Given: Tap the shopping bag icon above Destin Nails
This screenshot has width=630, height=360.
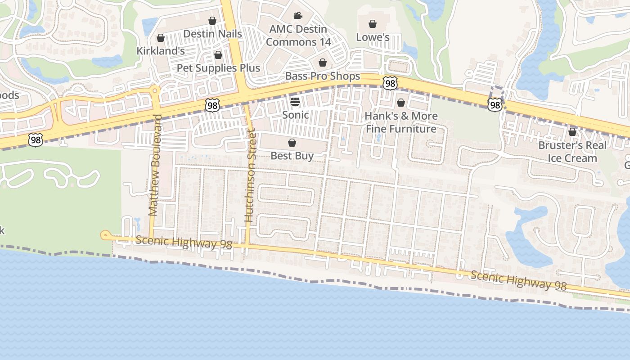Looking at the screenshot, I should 212,21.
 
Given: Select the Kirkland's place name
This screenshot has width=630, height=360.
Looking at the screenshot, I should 161,51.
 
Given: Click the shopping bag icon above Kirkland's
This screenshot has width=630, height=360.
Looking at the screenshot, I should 160,38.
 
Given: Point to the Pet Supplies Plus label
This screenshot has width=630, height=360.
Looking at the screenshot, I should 218,68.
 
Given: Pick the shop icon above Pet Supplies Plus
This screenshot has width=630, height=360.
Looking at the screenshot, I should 218,55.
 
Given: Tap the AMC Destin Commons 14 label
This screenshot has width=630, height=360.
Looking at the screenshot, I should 298,36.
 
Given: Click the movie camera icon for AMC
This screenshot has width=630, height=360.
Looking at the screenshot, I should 298,16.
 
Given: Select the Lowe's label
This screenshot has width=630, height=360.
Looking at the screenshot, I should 373,37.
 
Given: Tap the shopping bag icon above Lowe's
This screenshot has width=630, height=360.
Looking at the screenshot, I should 373,24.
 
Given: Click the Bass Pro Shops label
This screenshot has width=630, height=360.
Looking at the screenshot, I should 323,76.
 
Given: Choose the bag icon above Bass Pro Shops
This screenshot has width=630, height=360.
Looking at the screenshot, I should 322,63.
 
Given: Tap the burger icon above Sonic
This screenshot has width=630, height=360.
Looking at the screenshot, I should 295,101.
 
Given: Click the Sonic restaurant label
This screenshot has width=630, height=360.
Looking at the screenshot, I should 295,115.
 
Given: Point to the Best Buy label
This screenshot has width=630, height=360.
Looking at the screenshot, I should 292,156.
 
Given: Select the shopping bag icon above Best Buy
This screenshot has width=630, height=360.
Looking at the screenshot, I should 292,143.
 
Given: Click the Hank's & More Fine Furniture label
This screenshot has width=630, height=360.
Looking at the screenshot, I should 400,122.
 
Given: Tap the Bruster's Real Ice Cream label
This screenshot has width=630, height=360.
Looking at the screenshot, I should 572,152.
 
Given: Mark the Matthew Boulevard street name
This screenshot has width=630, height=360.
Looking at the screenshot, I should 155,165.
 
